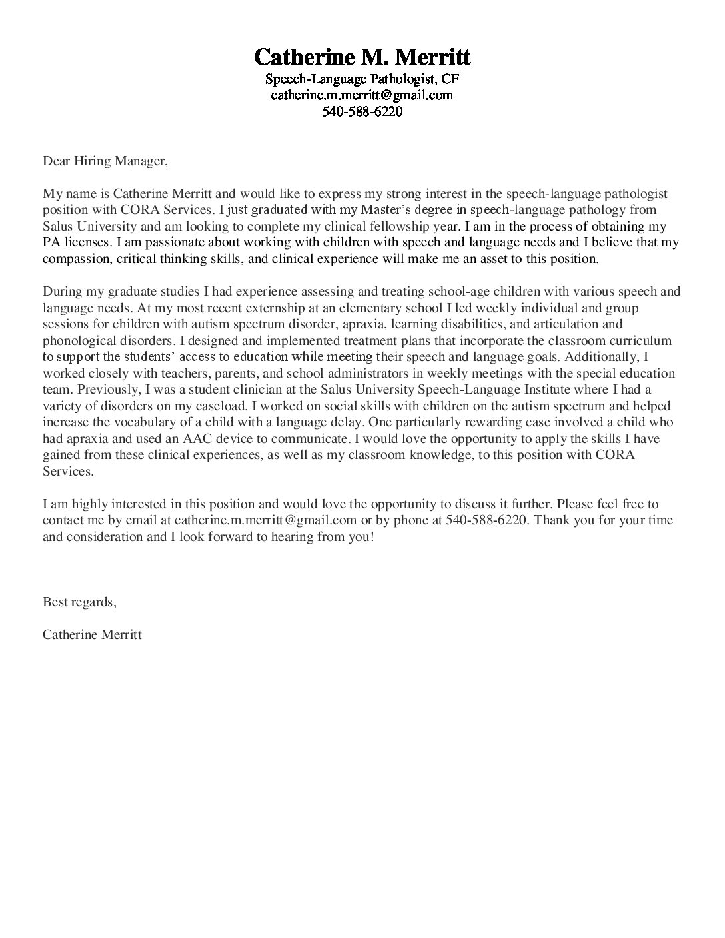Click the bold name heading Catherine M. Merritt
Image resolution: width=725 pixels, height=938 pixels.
362,56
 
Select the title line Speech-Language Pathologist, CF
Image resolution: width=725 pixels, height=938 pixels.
362,79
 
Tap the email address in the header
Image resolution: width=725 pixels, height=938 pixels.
362,95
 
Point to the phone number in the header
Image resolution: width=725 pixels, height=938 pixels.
362,111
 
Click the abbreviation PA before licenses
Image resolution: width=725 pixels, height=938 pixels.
51,242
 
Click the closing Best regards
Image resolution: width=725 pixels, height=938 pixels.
79,602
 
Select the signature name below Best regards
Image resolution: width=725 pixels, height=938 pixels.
92,634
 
